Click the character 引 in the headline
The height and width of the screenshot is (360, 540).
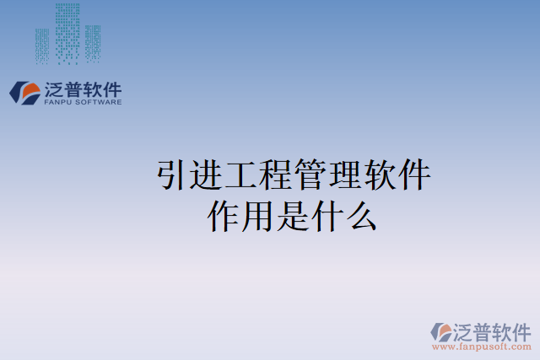pos(173,177)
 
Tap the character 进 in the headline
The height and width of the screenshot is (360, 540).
pos(208,177)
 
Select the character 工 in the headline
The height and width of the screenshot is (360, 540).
pos(242,177)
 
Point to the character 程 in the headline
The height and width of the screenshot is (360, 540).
pos(277,177)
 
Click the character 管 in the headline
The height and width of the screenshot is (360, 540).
pos(311,177)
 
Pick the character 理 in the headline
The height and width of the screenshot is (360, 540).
pos(346,177)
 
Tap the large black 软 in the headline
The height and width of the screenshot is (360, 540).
pos(381,177)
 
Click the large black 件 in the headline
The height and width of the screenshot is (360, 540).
pos(415,177)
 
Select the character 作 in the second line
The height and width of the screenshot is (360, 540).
pos(224,217)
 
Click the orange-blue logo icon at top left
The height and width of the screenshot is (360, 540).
pos(24,93)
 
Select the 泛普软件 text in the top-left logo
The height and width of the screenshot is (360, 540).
pos(82,89)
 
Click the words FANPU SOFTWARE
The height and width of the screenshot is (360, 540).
pos(82,102)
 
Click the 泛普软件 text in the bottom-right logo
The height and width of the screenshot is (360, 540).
pos(493,330)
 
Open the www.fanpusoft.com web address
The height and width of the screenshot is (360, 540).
pos(481,347)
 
